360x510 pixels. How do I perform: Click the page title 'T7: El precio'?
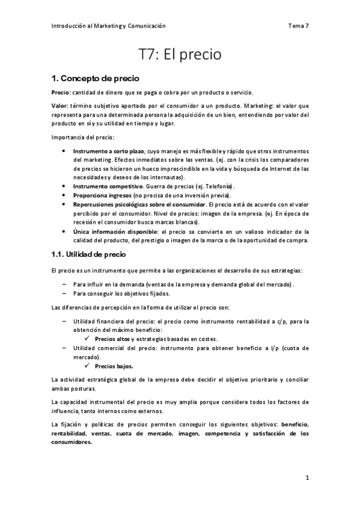[x=180, y=55]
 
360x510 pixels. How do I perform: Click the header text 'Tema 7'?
[x=298, y=26]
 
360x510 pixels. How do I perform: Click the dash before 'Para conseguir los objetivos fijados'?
[x=64, y=293]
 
